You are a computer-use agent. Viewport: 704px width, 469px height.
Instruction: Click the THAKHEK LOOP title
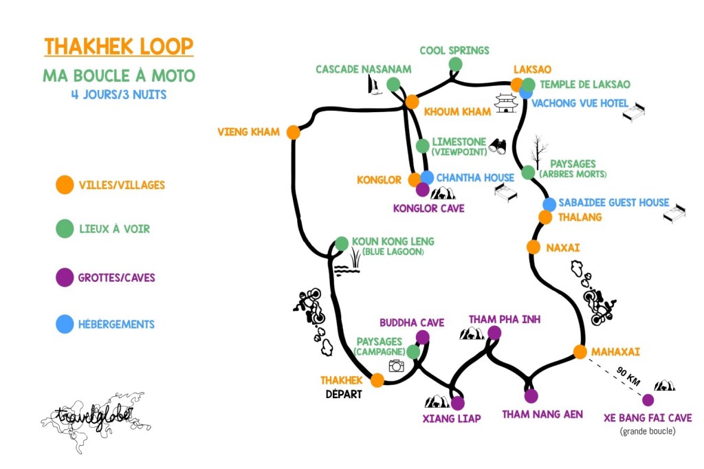[x=119, y=47]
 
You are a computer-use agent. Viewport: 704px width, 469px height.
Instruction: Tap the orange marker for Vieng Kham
[x=294, y=133]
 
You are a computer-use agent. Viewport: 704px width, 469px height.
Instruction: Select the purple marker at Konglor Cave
[x=422, y=190]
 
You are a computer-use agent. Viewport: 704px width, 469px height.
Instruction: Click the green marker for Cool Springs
[x=455, y=65]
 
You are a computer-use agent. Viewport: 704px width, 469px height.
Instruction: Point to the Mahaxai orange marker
[x=580, y=352]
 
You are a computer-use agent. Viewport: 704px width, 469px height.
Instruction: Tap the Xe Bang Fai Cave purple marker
[x=648, y=400]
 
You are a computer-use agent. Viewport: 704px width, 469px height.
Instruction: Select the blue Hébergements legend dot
[x=65, y=324]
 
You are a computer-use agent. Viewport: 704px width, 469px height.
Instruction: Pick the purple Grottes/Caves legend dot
[x=65, y=278]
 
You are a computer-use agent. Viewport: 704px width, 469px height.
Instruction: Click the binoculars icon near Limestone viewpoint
[x=498, y=146]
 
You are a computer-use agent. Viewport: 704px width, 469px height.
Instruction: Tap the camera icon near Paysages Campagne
[x=396, y=366]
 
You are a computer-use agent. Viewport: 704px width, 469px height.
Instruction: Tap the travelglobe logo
[x=94, y=413]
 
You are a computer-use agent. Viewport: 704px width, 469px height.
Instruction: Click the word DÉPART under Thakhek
[x=344, y=395]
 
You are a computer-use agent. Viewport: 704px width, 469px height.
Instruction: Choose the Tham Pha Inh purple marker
[x=494, y=334]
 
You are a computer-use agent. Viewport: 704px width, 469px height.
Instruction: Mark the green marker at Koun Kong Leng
[x=342, y=244]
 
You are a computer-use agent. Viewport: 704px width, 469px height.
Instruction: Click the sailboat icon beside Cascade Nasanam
[x=375, y=86]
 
